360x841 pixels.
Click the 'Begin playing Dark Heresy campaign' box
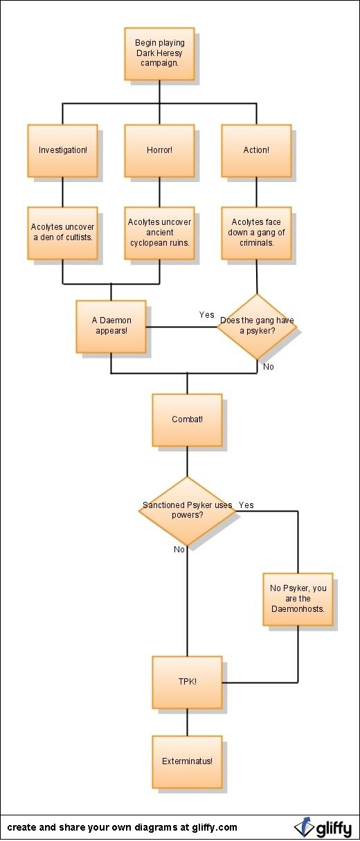pyautogui.click(x=159, y=53)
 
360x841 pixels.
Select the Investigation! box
pyautogui.click(x=63, y=151)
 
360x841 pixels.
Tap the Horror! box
pyautogui.click(x=159, y=151)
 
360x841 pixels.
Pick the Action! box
pyautogui.click(x=256, y=151)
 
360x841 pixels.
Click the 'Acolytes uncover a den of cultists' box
pyautogui.click(x=63, y=233)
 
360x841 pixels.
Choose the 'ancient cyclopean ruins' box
pyautogui.click(x=159, y=233)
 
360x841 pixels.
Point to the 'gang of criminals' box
pyautogui.click(x=256, y=233)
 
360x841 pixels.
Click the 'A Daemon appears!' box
pyautogui.click(x=111, y=326)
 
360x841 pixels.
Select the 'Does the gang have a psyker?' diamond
pyautogui.click(x=257, y=326)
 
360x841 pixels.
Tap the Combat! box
pyautogui.click(x=188, y=419)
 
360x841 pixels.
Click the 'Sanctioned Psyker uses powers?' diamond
pyautogui.click(x=188, y=511)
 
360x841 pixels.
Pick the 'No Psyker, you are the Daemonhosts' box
pyautogui.click(x=298, y=599)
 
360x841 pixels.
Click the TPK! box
pyautogui.click(x=188, y=682)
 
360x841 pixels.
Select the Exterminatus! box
pyautogui.click(x=188, y=762)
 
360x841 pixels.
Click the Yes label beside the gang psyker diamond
pyautogui.click(x=207, y=315)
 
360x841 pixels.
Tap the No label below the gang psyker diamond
pyautogui.click(x=269, y=366)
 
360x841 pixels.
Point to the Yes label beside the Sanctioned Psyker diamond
pyautogui.click(x=246, y=505)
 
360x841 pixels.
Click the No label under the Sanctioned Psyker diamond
pyautogui.click(x=179, y=550)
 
